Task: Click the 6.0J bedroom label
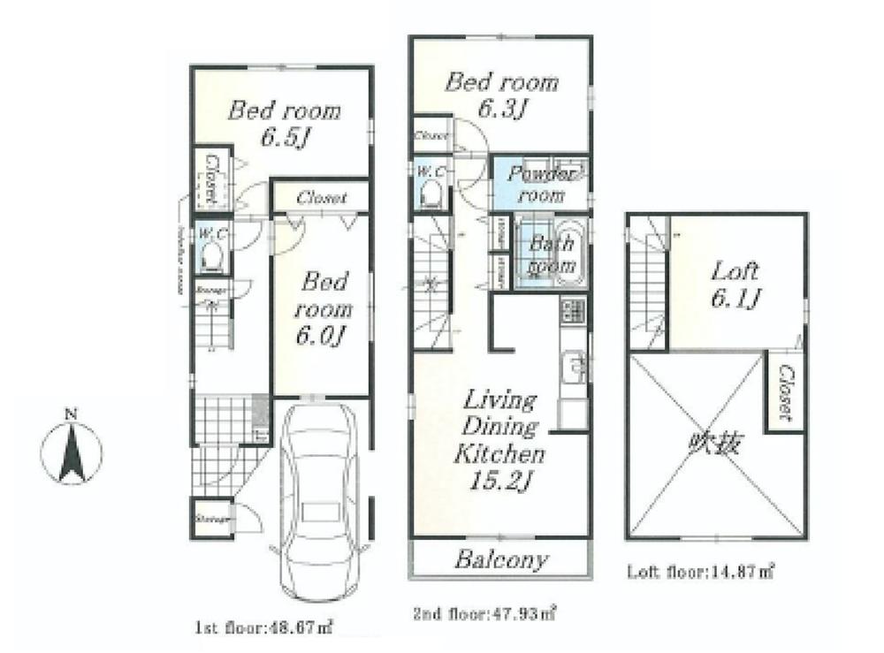324,308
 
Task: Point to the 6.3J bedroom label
501,95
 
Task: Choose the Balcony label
501,559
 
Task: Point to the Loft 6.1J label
735,285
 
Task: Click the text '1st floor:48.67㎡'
263,628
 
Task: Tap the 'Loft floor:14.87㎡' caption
700,572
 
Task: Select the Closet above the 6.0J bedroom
320,198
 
